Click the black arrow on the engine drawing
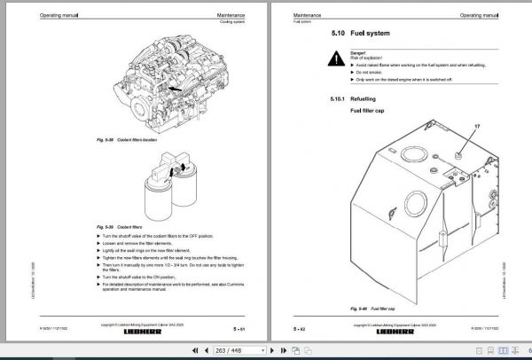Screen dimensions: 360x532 pos(175,89)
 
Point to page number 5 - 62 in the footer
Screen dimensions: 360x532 pos(299,329)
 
